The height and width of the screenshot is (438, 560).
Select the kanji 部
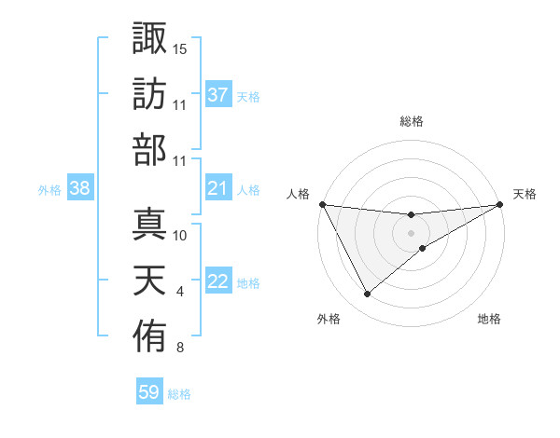point(149,150)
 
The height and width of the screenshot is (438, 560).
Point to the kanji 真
point(149,223)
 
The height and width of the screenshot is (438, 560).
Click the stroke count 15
point(180,48)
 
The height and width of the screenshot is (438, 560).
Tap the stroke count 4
point(180,292)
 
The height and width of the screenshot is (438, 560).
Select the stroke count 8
point(180,349)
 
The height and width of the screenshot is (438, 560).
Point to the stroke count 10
point(180,235)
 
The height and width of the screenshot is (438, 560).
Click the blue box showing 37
point(218,95)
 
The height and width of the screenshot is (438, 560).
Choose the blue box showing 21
point(218,189)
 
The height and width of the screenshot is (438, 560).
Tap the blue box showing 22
point(218,282)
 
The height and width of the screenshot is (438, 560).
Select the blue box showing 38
point(80,189)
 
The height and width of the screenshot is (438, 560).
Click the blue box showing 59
point(149,392)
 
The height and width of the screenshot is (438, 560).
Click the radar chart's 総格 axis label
point(412,121)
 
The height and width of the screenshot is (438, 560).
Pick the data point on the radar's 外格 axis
point(367,294)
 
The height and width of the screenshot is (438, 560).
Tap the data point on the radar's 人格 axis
point(322,204)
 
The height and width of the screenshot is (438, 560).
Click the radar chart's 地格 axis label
point(489,319)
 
